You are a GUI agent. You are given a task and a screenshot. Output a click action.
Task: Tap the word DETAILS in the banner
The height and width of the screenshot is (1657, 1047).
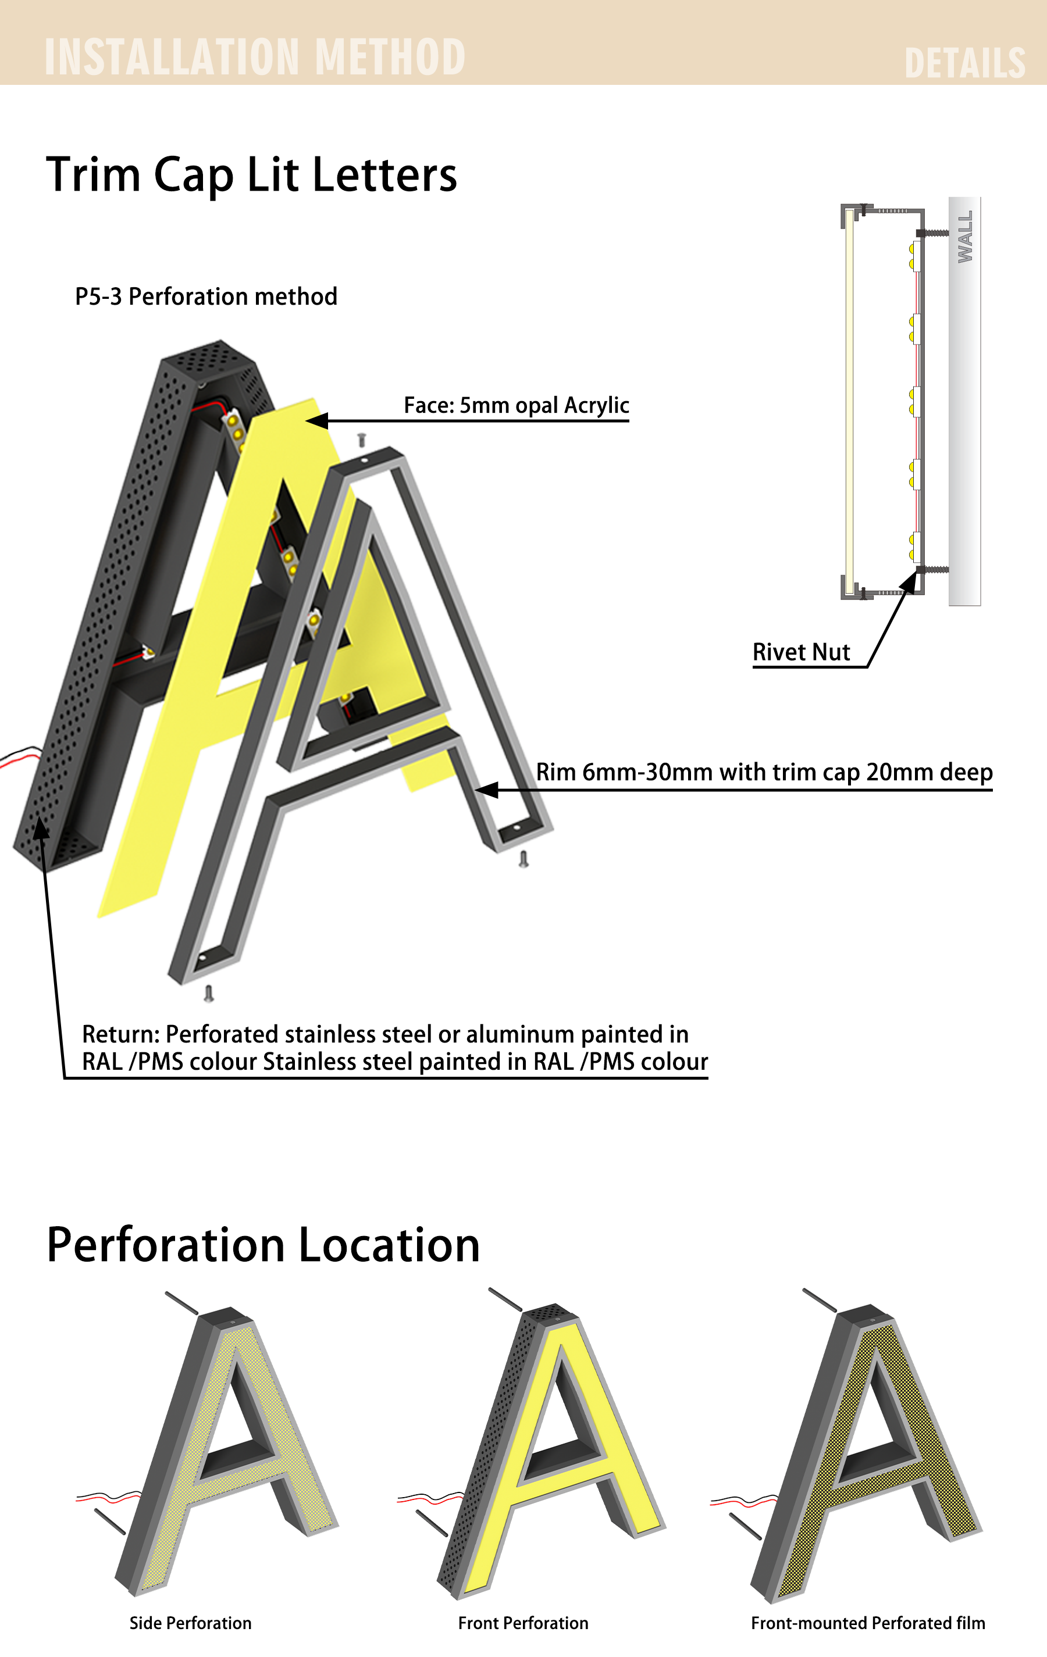[964, 63]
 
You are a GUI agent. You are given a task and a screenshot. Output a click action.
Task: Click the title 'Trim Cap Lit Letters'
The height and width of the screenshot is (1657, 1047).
[251, 175]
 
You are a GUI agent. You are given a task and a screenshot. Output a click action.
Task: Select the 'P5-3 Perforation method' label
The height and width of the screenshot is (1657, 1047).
[206, 297]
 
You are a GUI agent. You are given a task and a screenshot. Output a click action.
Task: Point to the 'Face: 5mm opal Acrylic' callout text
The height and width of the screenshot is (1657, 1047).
[517, 405]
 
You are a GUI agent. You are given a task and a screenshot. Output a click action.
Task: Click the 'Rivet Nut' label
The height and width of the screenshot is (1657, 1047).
[802, 652]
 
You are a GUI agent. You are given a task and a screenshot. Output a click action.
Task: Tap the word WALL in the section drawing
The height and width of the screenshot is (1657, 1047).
[965, 237]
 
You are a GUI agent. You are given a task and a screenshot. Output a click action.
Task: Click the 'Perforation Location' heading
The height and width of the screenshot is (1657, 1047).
[263, 1245]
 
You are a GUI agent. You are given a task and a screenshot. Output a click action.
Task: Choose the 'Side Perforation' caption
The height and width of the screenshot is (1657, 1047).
[191, 1623]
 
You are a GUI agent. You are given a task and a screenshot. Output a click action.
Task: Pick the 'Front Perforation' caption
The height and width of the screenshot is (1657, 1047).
[523, 1623]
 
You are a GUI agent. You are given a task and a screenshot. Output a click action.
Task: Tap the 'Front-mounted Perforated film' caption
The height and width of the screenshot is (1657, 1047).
[868, 1623]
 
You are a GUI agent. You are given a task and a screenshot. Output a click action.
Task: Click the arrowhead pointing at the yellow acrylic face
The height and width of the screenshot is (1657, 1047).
[316, 420]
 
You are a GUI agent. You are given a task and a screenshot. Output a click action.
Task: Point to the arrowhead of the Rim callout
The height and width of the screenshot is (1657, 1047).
[487, 790]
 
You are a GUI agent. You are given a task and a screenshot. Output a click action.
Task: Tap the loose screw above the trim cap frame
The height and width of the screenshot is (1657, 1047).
[361, 440]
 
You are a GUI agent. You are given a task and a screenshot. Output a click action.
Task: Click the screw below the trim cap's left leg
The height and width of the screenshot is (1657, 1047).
[209, 994]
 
